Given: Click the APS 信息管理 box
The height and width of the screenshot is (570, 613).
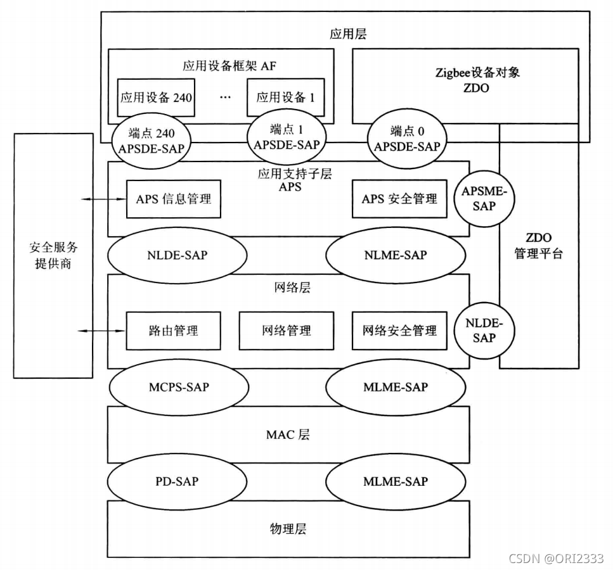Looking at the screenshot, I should coord(173,198).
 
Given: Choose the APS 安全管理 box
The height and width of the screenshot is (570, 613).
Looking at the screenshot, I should coord(399,198).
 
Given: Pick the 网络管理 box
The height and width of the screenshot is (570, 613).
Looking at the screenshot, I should coord(285,330).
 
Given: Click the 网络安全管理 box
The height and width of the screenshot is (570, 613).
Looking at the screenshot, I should coord(399,330).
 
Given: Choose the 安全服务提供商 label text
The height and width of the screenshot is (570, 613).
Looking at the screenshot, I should coord(53,255).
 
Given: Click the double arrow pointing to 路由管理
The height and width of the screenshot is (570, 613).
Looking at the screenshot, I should coord(101,330).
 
